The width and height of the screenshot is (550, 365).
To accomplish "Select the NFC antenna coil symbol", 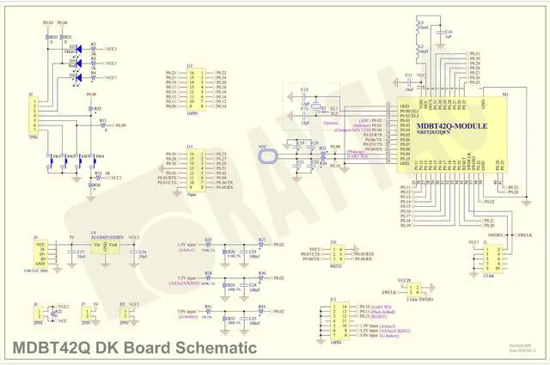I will click(x=269, y=155).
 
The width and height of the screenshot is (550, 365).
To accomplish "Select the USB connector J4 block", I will click(x=40, y=251).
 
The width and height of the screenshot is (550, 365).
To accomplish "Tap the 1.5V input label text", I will click(x=186, y=245).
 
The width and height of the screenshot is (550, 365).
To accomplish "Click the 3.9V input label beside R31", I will click(x=186, y=311).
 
